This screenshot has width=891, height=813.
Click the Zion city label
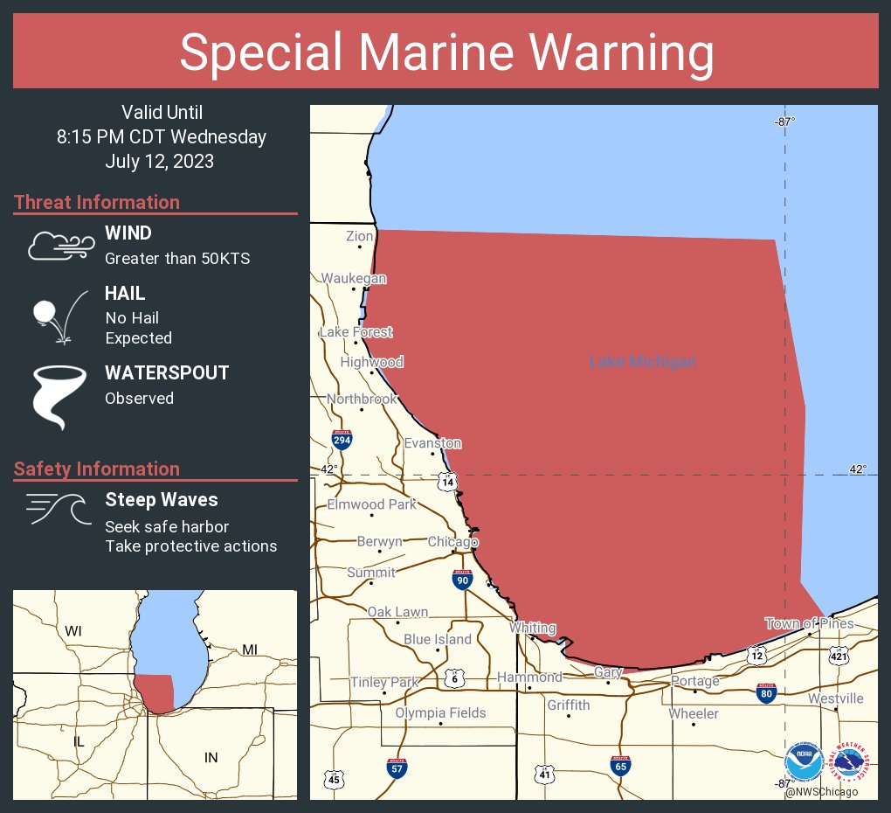coord(360,236)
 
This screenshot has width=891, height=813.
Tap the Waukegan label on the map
coord(353,278)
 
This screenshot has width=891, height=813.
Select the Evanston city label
coord(432,444)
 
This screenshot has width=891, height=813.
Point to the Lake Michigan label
coord(643,362)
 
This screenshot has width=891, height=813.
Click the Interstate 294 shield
coord(342,440)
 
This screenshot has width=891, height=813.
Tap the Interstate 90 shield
coord(463,579)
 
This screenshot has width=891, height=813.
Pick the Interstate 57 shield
coord(397,768)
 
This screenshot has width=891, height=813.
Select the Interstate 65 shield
coord(620,766)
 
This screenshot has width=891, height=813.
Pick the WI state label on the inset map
coord(73,630)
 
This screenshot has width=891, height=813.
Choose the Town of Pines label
coord(809,623)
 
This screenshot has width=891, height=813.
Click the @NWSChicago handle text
coord(821,792)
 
